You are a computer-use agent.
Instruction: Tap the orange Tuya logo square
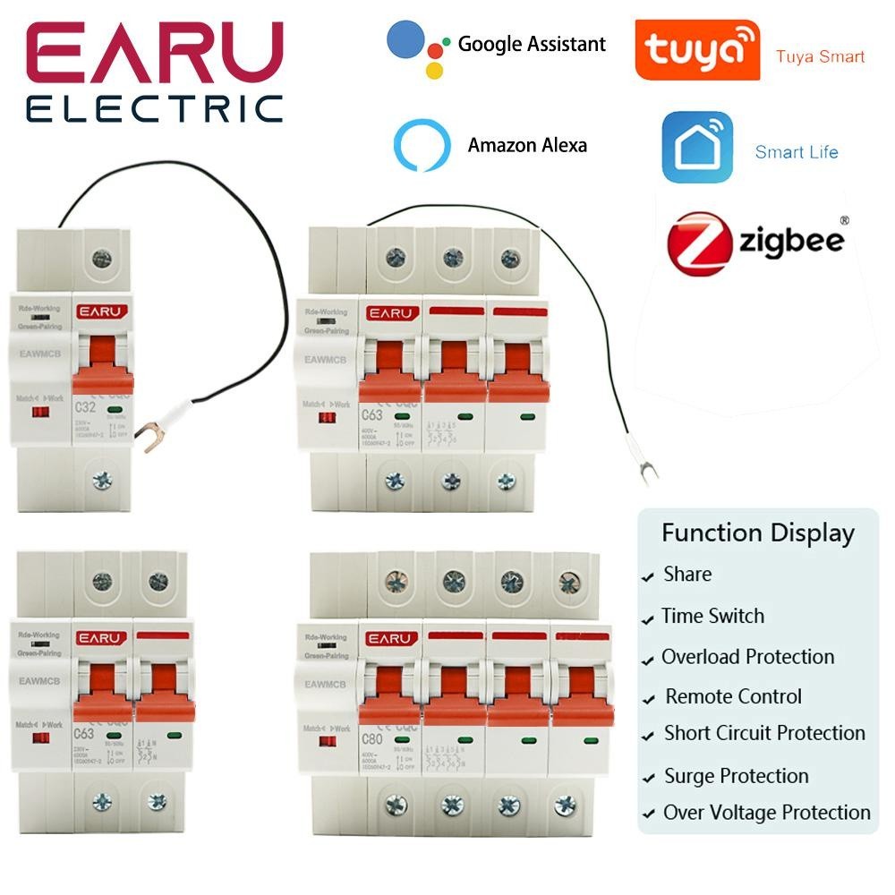click(696, 50)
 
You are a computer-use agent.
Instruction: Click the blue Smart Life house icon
click(696, 148)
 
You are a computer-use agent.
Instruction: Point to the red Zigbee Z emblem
click(701, 243)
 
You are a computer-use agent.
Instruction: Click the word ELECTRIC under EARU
click(155, 108)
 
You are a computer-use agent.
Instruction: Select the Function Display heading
click(757, 533)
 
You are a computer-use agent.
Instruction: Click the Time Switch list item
click(712, 616)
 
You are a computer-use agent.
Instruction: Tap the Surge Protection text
click(736, 776)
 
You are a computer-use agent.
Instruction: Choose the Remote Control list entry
click(733, 696)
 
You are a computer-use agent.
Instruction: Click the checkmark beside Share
click(648, 578)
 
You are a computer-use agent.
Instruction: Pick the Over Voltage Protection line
click(766, 813)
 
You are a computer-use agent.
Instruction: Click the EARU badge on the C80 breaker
click(391, 639)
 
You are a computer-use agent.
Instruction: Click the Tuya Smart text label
click(820, 56)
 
